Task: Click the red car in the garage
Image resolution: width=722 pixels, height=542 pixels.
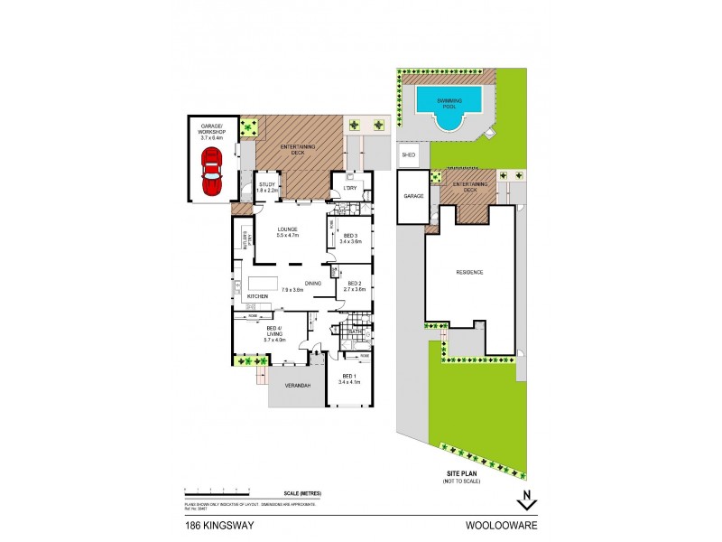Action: tap(211, 173)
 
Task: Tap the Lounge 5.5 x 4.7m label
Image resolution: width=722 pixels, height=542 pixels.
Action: tap(288, 231)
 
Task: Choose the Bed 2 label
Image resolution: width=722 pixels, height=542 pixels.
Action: tap(356, 286)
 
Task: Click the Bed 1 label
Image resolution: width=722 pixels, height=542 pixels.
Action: tap(348, 380)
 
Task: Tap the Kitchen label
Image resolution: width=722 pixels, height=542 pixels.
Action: tap(257, 295)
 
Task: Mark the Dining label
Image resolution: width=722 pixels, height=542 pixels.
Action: tap(313, 283)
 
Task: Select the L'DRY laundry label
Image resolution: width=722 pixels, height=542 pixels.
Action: tap(352, 187)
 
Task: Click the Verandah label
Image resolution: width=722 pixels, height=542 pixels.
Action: tap(298, 386)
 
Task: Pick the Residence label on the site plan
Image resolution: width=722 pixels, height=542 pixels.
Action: tap(469, 272)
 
